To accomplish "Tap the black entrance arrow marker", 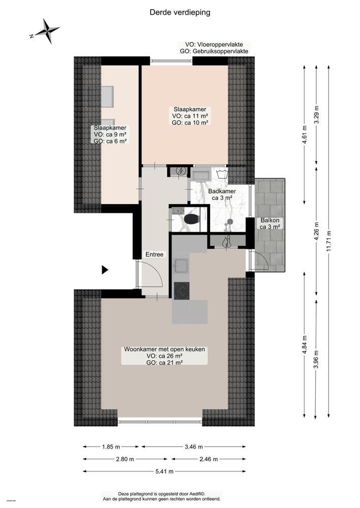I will pyautogui.click(x=105, y=270).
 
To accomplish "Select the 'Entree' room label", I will pyautogui.click(x=155, y=255).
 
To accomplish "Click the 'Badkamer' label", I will pyautogui.click(x=221, y=192).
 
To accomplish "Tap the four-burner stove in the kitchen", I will pyautogui.click(x=182, y=290).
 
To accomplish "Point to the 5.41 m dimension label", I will pyautogui.click(x=163, y=471).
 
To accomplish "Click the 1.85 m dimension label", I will pyautogui.click(x=111, y=447).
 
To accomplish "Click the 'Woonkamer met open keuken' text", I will pyautogui.click(x=164, y=350).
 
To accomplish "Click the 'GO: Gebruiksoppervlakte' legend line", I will pyautogui.click(x=214, y=52).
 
